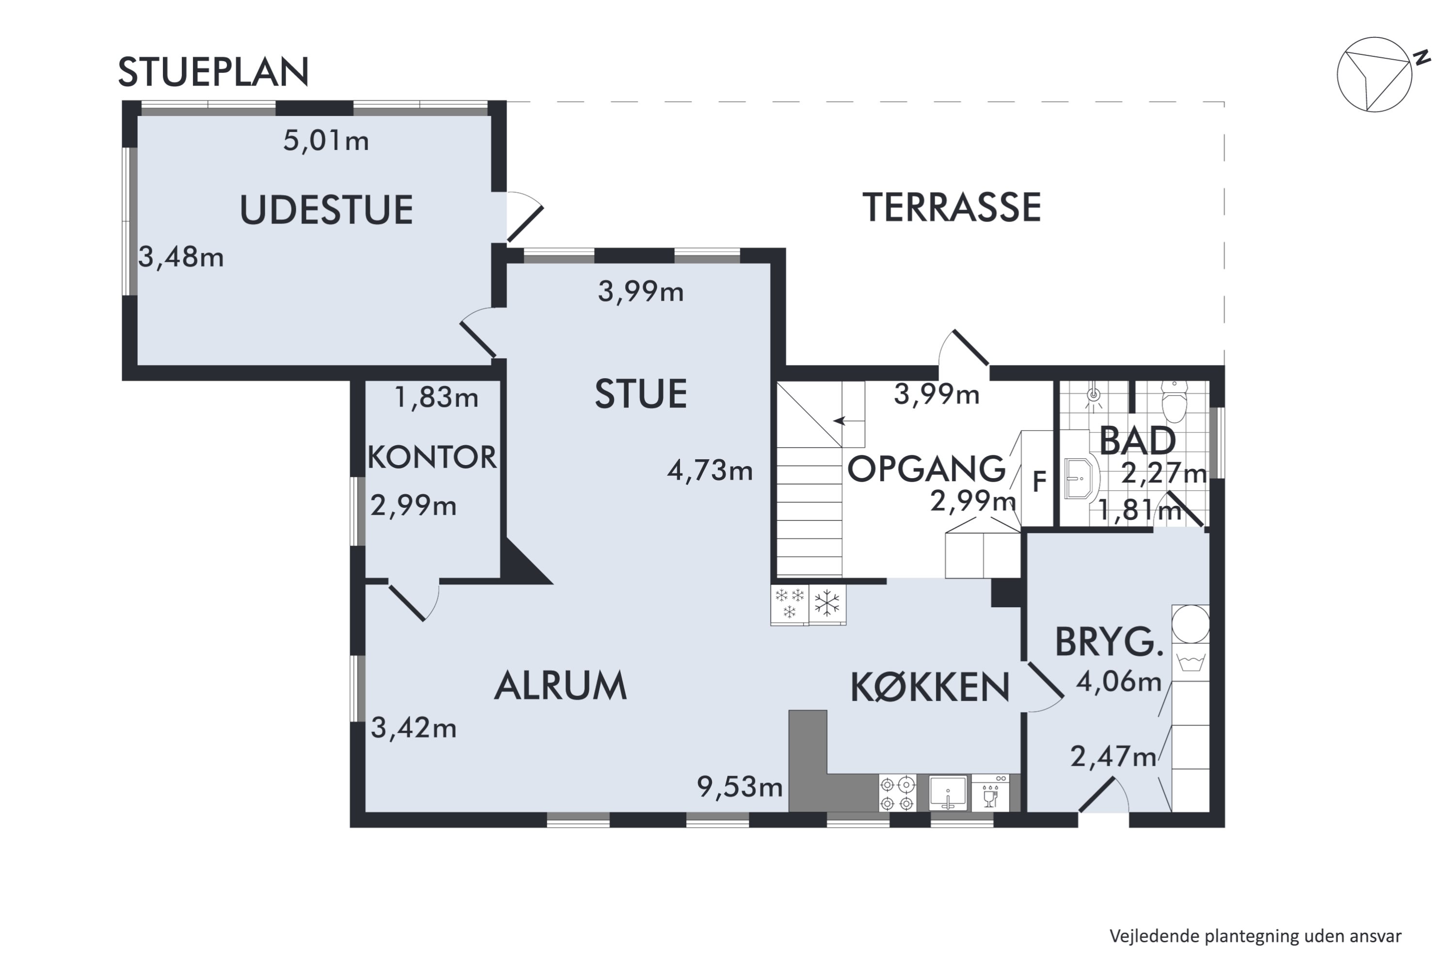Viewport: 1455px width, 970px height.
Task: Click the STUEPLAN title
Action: (213, 72)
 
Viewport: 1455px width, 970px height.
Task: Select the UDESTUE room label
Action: (326, 210)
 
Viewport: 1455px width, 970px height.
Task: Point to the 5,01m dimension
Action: (326, 141)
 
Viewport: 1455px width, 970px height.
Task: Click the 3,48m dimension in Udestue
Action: (180, 257)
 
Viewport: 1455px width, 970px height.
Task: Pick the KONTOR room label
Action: (432, 458)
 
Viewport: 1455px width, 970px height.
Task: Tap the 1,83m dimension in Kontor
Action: (436, 397)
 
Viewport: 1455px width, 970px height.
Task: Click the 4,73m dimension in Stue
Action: (710, 471)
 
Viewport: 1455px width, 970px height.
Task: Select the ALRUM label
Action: (561, 685)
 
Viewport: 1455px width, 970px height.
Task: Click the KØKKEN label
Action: (930, 687)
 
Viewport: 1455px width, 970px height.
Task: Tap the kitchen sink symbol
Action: (947, 793)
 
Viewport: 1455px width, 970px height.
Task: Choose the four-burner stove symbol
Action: (897, 793)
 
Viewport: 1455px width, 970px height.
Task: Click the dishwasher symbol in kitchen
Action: (990, 793)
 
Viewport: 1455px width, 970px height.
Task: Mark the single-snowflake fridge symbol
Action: (827, 604)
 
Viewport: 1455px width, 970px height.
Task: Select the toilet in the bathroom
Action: (1174, 402)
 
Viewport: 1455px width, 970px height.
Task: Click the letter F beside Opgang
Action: (1039, 481)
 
